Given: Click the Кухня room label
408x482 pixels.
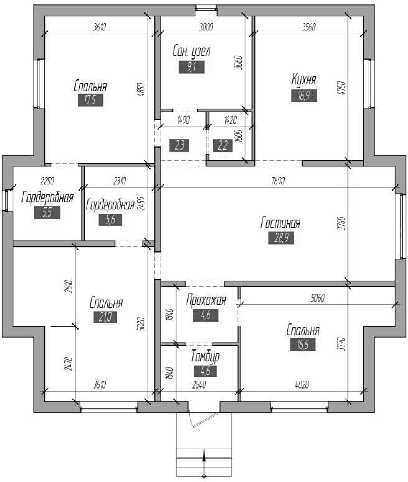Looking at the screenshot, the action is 304,80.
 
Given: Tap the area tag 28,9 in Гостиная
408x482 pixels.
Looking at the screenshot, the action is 281,238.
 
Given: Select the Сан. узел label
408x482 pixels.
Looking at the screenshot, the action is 191,51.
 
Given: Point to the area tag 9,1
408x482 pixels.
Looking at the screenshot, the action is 192,67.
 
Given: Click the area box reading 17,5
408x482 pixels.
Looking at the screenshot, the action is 90,100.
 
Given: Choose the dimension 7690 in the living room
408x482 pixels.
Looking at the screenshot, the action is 278,181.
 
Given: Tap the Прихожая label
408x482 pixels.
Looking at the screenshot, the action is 206,300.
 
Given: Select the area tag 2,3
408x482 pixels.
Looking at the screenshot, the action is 179,146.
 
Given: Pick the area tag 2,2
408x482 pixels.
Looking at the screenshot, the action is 223,146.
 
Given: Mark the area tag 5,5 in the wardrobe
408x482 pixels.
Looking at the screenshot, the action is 47,213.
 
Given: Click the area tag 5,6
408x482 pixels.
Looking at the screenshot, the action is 110,220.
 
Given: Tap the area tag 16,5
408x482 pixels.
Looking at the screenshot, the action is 303,344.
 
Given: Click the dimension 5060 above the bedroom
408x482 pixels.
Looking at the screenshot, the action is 318,298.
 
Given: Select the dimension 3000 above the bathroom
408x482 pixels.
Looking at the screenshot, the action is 206,27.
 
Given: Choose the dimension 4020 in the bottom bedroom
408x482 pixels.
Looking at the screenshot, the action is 302,385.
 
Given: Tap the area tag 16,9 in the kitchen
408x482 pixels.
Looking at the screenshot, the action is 304,96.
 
